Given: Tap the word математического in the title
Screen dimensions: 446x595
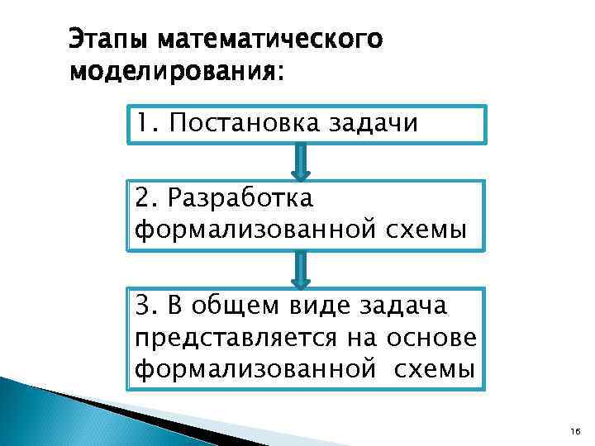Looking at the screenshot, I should pyautogui.click(x=269, y=40).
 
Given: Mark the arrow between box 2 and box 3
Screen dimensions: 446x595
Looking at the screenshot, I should pyautogui.click(x=301, y=270).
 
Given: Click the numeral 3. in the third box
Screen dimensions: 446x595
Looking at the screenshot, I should pyautogui.click(x=147, y=306).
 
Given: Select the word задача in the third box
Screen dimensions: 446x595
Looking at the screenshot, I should pyautogui.click(x=403, y=306).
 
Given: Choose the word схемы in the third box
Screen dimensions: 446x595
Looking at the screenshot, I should pyautogui.click(x=434, y=369).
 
